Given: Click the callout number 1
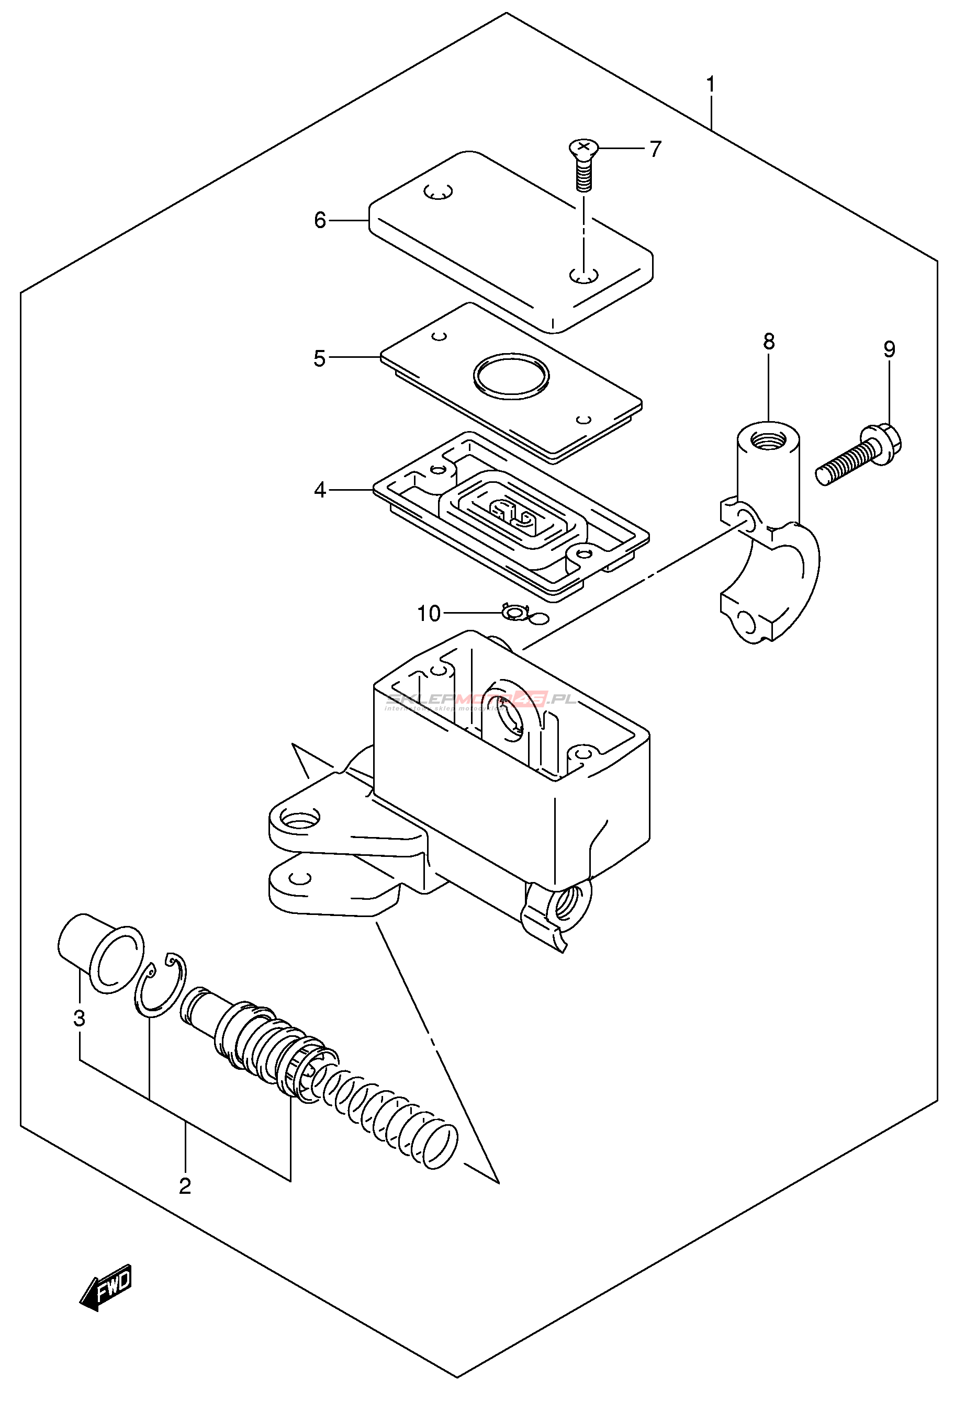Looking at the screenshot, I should pos(711,85).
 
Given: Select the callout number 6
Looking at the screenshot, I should pos(320,221).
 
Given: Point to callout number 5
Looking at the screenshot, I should pos(319,358).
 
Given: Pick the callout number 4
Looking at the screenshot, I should pos(320,490).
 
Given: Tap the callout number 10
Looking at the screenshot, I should pos(429,614).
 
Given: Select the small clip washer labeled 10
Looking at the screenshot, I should pos(515,613).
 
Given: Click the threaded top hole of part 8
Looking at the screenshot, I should pos(768,438).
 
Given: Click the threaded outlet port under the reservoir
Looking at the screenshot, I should pos(568,903).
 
